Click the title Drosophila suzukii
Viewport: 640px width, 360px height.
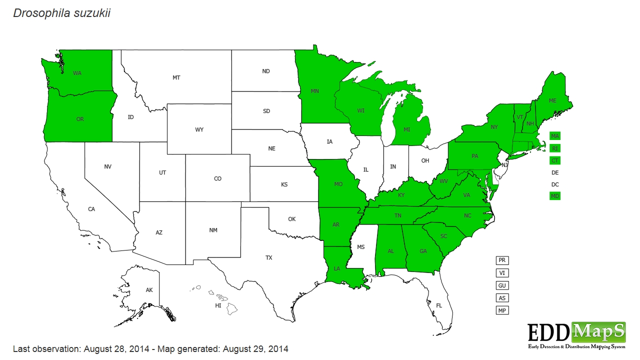[x=61, y=13]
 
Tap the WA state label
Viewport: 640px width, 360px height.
[x=77, y=73]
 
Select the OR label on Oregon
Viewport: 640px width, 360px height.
[x=80, y=119]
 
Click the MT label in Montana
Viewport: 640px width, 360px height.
[x=176, y=77]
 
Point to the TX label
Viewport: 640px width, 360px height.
[x=268, y=257]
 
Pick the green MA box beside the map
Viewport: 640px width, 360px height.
[x=554, y=136]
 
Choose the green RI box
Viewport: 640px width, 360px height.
[x=554, y=148]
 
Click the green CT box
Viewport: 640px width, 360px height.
[x=554, y=160]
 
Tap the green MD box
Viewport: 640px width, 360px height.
[x=554, y=196]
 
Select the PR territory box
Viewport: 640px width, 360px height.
[x=502, y=260]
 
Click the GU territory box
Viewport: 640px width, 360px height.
[x=502, y=285]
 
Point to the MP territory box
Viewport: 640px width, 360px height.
[x=502, y=310]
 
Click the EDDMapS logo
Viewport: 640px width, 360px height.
[x=576, y=334]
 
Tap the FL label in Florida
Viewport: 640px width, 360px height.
[x=439, y=305]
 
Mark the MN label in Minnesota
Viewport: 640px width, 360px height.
[x=315, y=91]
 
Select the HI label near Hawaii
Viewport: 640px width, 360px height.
[x=218, y=305]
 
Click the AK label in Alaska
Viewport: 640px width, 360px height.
[x=149, y=290]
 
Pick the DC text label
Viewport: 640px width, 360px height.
[x=554, y=184]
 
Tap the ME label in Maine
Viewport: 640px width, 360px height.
[x=552, y=100]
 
